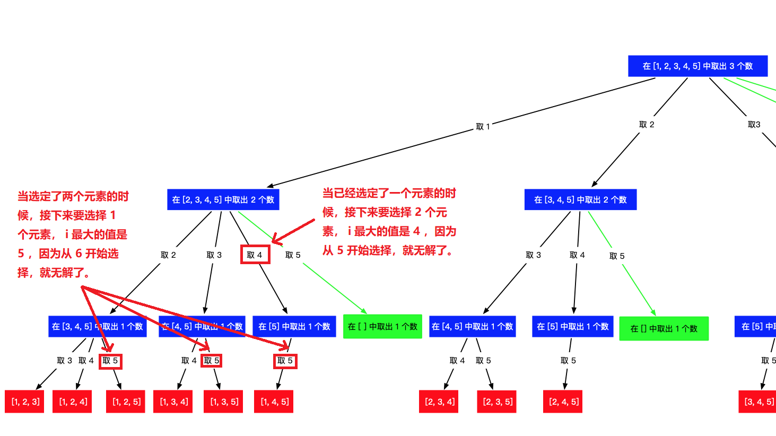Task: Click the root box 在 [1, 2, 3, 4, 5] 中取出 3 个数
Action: [697, 66]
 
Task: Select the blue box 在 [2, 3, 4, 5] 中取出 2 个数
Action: [223, 199]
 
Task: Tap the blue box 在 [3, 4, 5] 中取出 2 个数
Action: [580, 199]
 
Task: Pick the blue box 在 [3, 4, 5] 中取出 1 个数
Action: [97, 326]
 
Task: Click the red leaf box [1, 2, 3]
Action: [25, 402]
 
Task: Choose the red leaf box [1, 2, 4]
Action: [73, 402]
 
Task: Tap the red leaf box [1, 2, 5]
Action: [126, 402]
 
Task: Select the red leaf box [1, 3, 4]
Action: [173, 402]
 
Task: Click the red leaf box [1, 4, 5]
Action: [274, 402]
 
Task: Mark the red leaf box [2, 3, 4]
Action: [439, 402]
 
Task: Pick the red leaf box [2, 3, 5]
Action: [497, 402]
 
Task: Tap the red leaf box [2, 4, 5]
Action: [563, 402]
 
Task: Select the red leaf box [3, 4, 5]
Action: [758, 402]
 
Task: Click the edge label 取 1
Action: [483, 127]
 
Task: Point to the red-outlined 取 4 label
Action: [255, 255]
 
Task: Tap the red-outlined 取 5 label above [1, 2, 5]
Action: [110, 361]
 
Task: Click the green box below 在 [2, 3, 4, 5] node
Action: [382, 326]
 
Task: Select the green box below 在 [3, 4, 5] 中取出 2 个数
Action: [664, 328]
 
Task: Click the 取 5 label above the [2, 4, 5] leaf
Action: [568, 361]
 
